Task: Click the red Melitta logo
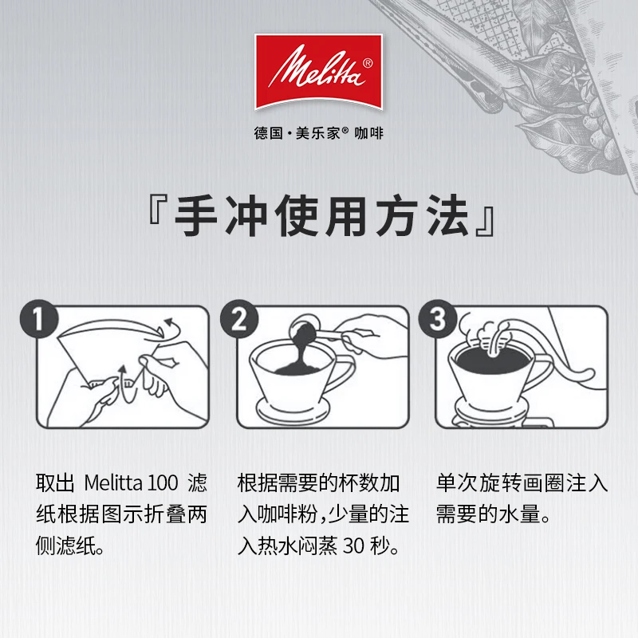pos(318,72)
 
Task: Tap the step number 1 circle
pos(39,319)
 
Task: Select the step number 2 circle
pos(239,319)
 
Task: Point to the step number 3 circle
pos(438,319)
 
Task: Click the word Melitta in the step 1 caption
pos(113,483)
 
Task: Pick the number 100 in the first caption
pos(163,483)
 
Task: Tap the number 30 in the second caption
pos(353,546)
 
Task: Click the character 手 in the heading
pos(195,215)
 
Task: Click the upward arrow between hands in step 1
pos(121,380)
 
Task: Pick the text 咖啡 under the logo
pos(368,133)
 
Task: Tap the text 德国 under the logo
pos(268,133)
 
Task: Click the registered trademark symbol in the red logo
pos(367,64)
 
